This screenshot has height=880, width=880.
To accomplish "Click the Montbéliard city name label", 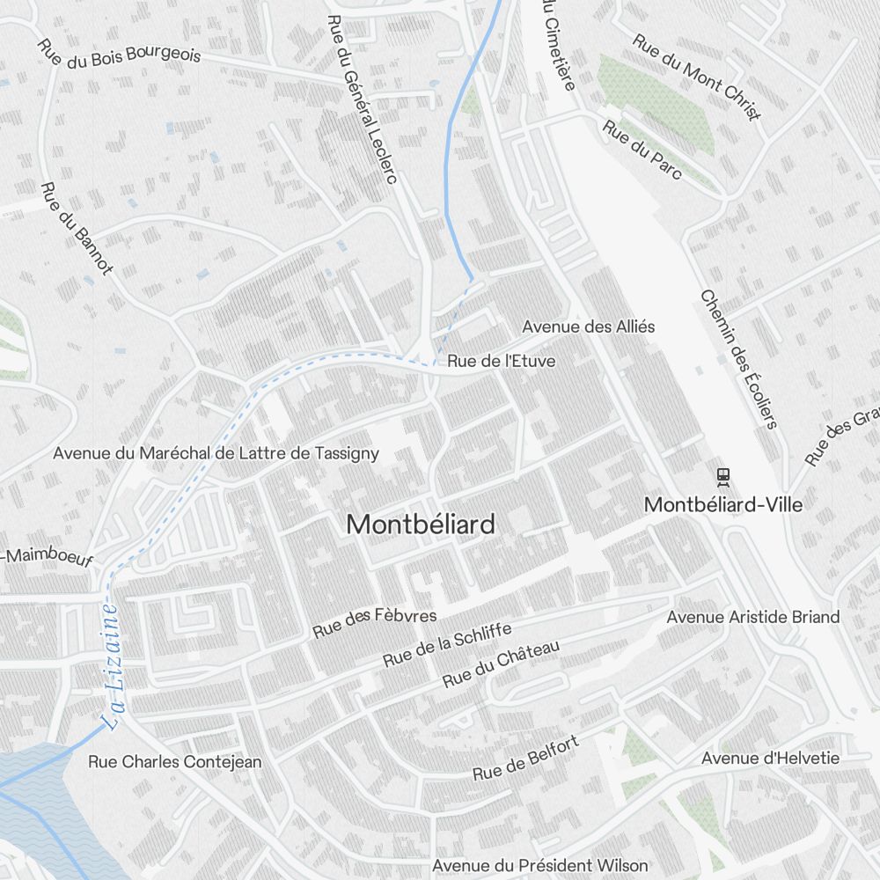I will pyautogui.click(x=421, y=524).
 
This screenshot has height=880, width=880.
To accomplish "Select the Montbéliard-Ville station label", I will pyautogui.click(x=723, y=505).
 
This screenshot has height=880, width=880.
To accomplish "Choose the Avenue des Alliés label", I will pyautogui.click(x=588, y=326).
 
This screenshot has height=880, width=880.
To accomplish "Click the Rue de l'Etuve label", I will pyautogui.click(x=501, y=361).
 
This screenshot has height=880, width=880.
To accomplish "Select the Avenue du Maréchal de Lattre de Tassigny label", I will pyautogui.click(x=216, y=453).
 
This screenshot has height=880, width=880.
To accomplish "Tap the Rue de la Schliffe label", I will pyautogui.click(x=447, y=645).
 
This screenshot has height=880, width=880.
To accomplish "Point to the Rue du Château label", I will pyautogui.click(x=501, y=664).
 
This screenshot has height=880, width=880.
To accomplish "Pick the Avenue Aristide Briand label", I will pyautogui.click(x=752, y=617).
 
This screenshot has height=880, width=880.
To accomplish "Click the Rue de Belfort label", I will pyautogui.click(x=525, y=759).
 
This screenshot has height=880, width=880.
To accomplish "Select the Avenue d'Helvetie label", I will pyautogui.click(x=770, y=758).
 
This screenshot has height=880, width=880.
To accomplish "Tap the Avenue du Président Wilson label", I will pyautogui.click(x=539, y=866).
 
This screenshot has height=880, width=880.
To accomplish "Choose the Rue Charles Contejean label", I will pyautogui.click(x=174, y=762).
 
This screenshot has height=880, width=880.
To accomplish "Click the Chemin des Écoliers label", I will pyautogui.click(x=739, y=359).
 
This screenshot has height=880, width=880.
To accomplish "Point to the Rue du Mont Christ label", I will pyautogui.click(x=697, y=77).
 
